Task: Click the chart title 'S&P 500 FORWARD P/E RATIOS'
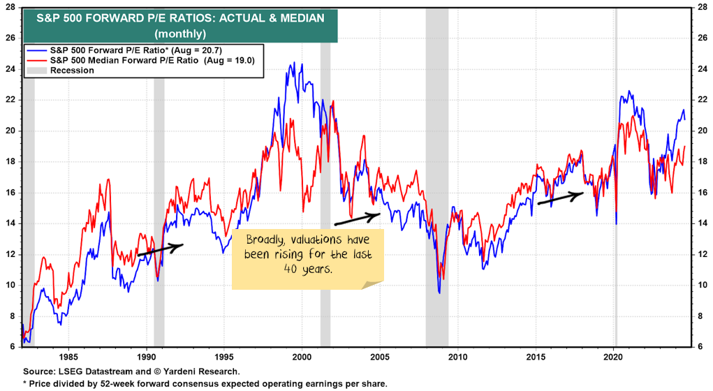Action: (x=180, y=18)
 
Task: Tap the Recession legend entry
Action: (x=70, y=70)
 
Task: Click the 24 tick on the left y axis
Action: (x=10, y=69)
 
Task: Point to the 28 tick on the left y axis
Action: (x=10, y=7)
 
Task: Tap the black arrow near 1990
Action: (x=160, y=249)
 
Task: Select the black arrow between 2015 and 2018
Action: (x=560, y=198)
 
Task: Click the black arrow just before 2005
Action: (x=357, y=219)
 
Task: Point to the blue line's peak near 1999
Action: (x=293, y=63)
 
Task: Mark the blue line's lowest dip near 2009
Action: (x=439, y=292)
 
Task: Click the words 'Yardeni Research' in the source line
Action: (x=207, y=371)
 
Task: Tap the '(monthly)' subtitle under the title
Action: (x=180, y=33)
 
